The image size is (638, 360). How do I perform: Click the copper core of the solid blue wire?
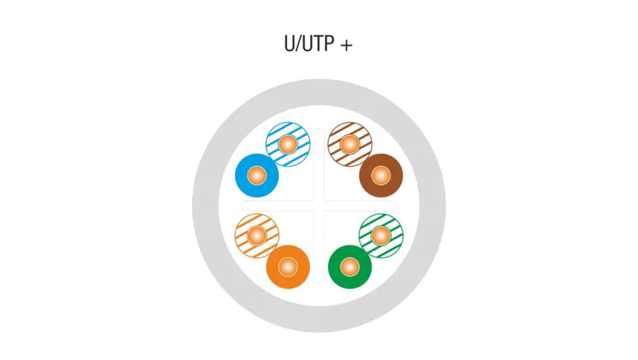257,176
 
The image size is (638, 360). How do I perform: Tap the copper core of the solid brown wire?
381,175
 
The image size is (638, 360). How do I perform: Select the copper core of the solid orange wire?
288,267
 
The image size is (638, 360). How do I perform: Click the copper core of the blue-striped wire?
288,144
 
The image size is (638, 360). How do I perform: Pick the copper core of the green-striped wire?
381,235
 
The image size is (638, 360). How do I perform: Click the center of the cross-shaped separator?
319,206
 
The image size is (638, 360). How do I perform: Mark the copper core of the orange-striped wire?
257,235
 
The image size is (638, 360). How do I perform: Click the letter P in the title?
326,45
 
